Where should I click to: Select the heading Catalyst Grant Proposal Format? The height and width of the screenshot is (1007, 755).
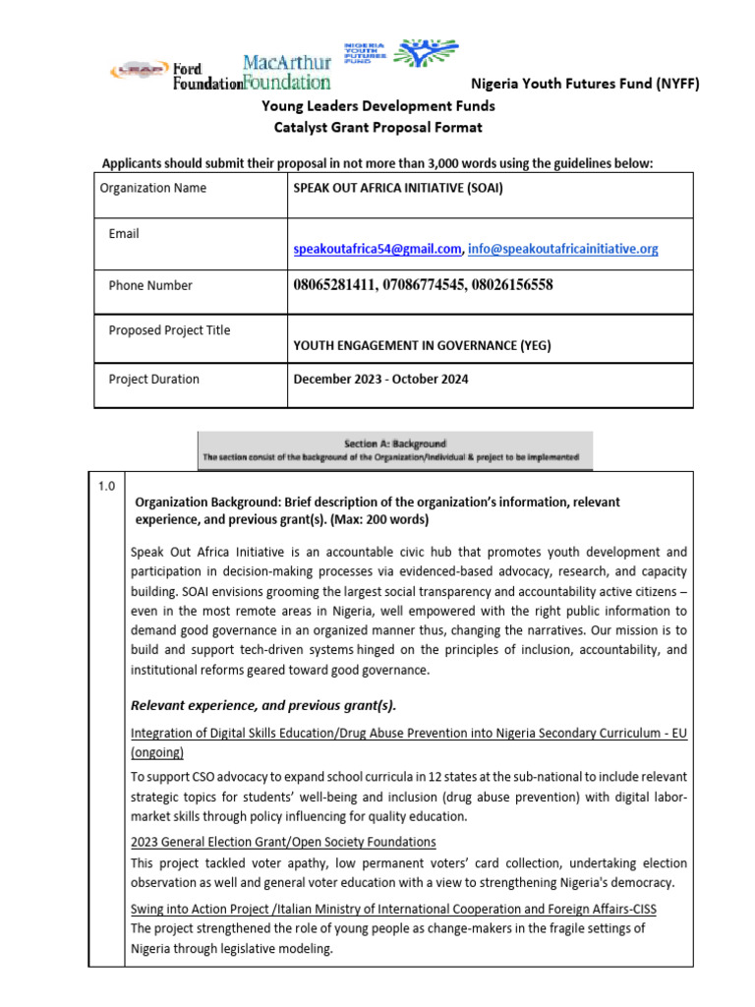click(377, 128)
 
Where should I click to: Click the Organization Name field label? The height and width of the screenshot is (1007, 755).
click(153, 188)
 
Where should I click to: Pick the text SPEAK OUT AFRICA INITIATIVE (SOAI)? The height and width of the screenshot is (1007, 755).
click(398, 188)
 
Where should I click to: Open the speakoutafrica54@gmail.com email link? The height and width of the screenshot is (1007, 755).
click(377, 250)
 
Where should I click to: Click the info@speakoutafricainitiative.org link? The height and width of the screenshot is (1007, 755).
click(563, 250)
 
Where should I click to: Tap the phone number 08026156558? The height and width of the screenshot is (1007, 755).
click(507, 285)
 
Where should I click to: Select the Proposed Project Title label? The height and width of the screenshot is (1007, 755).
click(169, 330)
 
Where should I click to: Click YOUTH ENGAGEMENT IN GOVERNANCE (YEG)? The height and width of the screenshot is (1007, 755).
click(423, 345)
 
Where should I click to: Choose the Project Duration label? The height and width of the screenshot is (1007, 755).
click(153, 379)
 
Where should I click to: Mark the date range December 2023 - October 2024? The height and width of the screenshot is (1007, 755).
click(381, 379)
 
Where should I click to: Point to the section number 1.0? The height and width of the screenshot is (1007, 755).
click(106, 486)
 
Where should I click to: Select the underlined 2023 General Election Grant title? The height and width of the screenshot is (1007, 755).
click(283, 842)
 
